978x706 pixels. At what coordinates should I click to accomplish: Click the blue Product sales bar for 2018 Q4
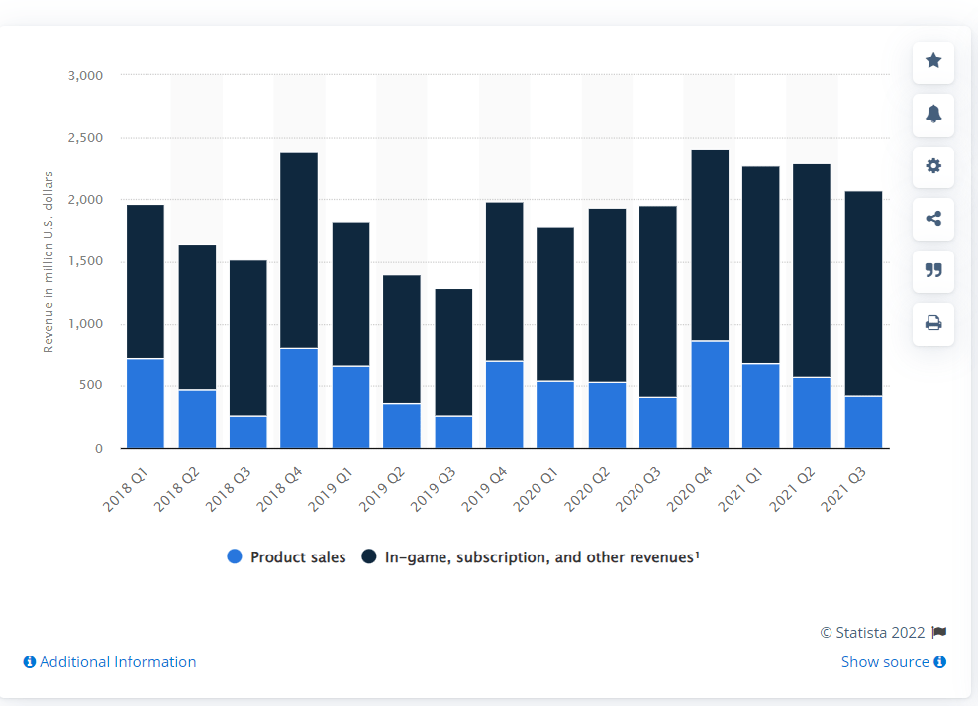[x=299, y=397]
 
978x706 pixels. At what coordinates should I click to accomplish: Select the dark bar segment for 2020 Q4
[x=709, y=245]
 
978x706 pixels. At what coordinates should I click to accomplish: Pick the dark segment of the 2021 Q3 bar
[x=863, y=293]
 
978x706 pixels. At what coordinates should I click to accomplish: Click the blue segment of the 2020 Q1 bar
[x=555, y=414]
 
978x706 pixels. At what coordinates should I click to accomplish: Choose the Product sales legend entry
[x=287, y=557]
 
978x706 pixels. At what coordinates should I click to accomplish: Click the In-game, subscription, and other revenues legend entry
[x=531, y=557]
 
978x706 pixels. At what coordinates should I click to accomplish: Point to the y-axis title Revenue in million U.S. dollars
[x=49, y=261]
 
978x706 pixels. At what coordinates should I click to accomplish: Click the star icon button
[x=933, y=61]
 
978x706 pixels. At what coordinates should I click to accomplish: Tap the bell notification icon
[x=933, y=114]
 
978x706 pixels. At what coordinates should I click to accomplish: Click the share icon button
[x=933, y=219]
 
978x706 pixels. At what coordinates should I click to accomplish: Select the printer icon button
[x=933, y=323]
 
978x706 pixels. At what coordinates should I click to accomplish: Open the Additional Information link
[x=110, y=661]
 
